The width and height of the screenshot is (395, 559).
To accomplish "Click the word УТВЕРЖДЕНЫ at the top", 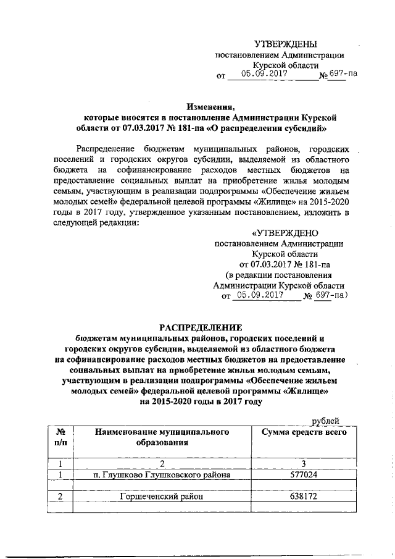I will click(286, 44).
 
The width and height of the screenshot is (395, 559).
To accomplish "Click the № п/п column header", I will click(60, 437).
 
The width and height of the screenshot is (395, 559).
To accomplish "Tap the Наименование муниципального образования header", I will click(162, 437).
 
